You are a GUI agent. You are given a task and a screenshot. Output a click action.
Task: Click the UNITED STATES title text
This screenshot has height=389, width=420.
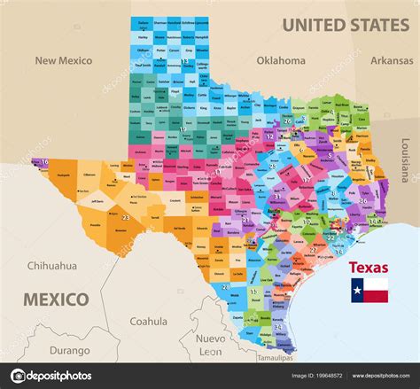[346, 24]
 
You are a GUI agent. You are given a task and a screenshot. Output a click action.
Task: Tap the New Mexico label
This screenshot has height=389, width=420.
[64, 61]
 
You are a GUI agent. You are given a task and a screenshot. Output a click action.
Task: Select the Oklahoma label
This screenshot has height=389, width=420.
[280, 61]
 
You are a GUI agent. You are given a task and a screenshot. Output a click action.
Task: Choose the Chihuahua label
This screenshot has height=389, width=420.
[51, 265]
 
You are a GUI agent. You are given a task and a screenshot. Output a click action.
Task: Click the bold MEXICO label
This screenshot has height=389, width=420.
[56, 299]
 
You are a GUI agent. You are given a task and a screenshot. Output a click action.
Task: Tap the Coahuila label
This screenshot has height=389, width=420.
[148, 322]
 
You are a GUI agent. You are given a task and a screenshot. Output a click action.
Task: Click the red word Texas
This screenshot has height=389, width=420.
[368, 267]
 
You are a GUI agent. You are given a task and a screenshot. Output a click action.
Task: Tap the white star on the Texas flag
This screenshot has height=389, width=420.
[357, 290]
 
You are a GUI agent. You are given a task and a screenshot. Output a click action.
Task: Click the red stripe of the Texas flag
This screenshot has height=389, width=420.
[376, 296]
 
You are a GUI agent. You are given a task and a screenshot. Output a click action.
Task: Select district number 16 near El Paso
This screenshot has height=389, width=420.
[43, 162]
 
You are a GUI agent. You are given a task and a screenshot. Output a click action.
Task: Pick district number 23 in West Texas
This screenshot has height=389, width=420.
[125, 217]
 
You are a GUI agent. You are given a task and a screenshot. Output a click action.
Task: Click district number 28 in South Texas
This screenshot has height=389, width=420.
[225, 286]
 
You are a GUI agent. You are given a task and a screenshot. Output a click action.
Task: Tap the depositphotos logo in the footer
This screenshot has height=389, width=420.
[50, 376]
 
